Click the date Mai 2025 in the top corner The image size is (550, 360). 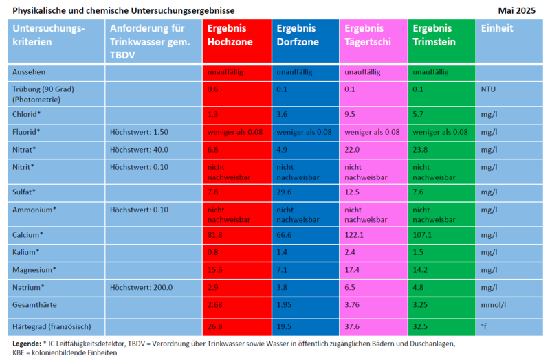[x=517, y=10]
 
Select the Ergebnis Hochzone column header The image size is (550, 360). [x=230, y=35]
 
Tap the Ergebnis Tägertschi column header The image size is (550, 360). [x=368, y=35]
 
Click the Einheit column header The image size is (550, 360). [x=496, y=29]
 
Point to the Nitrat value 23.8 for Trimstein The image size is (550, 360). [x=421, y=150]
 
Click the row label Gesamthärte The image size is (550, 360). [x=35, y=304]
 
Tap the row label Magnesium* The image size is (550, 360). [x=34, y=270]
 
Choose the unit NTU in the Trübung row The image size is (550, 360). [x=488, y=89]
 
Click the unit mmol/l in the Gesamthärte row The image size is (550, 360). [x=493, y=304]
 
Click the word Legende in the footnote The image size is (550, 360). [x=27, y=343]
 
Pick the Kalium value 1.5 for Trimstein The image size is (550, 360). [x=419, y=252]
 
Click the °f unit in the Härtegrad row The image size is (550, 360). [x=485, y=326]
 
